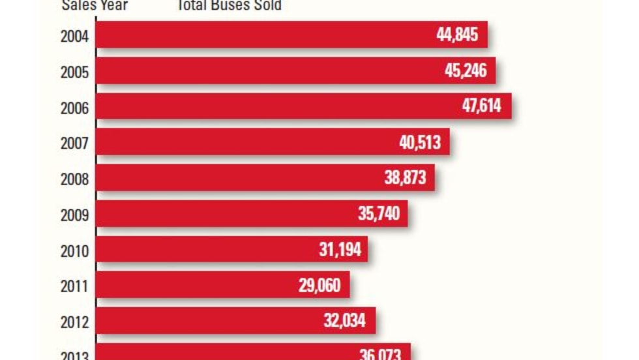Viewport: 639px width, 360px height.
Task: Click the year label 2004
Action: coord(74,35)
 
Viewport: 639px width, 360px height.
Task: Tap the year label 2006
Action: coord(74,107)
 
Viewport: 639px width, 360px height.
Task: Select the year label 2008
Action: coord(74,179)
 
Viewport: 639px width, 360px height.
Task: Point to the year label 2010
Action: coord(74,250)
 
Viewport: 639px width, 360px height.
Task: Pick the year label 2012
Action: coord(74,322)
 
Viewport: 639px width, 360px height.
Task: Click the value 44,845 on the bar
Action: coord(457,35)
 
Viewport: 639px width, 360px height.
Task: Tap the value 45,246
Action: coord(466,70)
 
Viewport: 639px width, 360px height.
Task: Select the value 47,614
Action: coord(482,106)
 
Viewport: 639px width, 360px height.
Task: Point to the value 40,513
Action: coord(420,142)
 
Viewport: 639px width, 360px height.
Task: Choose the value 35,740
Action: coord(379,214)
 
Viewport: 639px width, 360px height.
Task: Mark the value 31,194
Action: coord(339,250)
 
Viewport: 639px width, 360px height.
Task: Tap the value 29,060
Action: coord(319,286)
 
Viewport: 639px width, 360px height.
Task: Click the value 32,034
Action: coord(344,321)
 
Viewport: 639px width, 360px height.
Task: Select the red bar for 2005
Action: coord(261,70)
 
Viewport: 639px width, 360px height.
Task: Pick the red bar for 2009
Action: coord(222,214)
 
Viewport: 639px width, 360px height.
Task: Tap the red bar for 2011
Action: coord(196,286)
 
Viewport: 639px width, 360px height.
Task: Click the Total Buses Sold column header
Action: coord(229,6)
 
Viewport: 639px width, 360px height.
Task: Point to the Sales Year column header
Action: coord(95,6)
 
